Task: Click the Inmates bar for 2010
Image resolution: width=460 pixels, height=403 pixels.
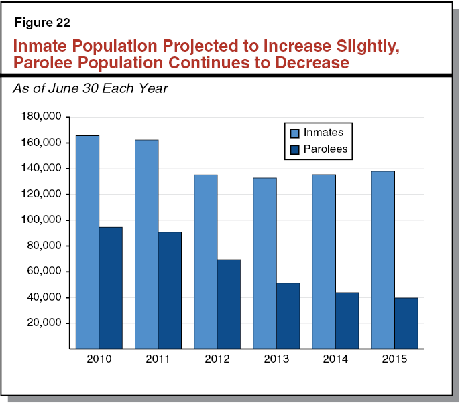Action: (87, 242)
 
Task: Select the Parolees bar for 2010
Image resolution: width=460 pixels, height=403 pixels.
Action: (111, 288)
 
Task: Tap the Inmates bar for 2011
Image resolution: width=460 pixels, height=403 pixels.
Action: (146, 244)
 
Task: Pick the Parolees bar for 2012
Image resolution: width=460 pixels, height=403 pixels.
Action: (229, 304)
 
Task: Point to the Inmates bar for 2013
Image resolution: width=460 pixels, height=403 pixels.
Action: (264, 263)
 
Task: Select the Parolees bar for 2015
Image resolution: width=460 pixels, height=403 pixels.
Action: (406, 323)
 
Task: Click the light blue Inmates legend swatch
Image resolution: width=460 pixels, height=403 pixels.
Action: (293, 133)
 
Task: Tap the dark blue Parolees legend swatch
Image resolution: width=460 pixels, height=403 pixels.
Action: (293, 149)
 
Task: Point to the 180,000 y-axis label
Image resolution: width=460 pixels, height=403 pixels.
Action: (42, 117)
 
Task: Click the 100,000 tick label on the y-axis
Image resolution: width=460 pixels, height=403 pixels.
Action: (42, 220)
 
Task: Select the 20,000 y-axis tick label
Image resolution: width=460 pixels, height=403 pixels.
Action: (44, 323)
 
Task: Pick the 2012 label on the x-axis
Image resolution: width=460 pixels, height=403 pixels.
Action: (217, 359)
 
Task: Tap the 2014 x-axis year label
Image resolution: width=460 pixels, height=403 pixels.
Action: (335, 359)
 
